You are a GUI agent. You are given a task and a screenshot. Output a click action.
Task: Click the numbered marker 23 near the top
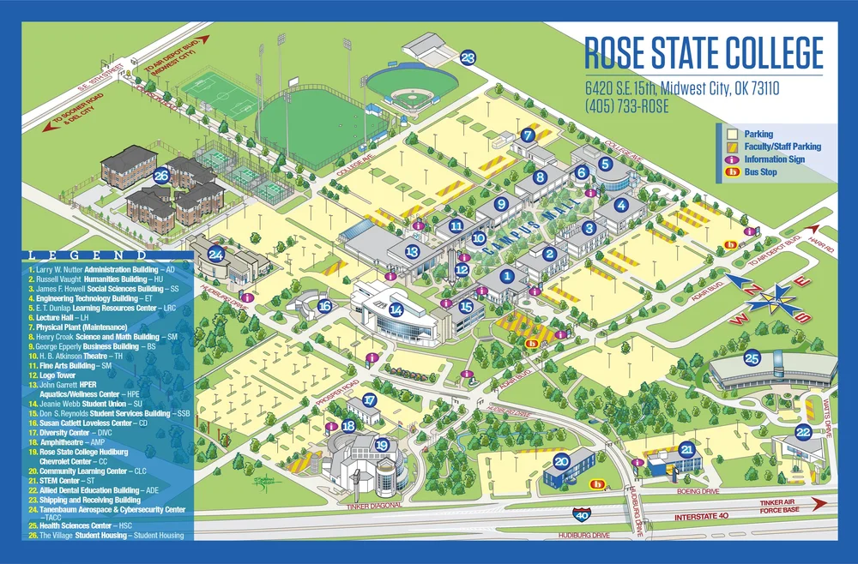click(x=468, y=58)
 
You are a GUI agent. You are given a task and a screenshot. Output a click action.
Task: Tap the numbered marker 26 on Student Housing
click(x=160, y=176)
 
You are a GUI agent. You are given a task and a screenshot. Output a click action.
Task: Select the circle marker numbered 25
click(x=752, y=358)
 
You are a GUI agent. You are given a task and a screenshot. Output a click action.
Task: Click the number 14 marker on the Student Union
click(x=396, y=310)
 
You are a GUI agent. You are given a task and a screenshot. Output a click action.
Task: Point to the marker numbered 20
click(x=561, y=460)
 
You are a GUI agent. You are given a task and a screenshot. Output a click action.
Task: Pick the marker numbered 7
click(x=529, y=135)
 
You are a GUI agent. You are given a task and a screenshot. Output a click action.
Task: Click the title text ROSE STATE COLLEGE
click(x=704, y=53)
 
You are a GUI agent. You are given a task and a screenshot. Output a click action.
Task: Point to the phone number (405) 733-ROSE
click(x=627, y=107)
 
